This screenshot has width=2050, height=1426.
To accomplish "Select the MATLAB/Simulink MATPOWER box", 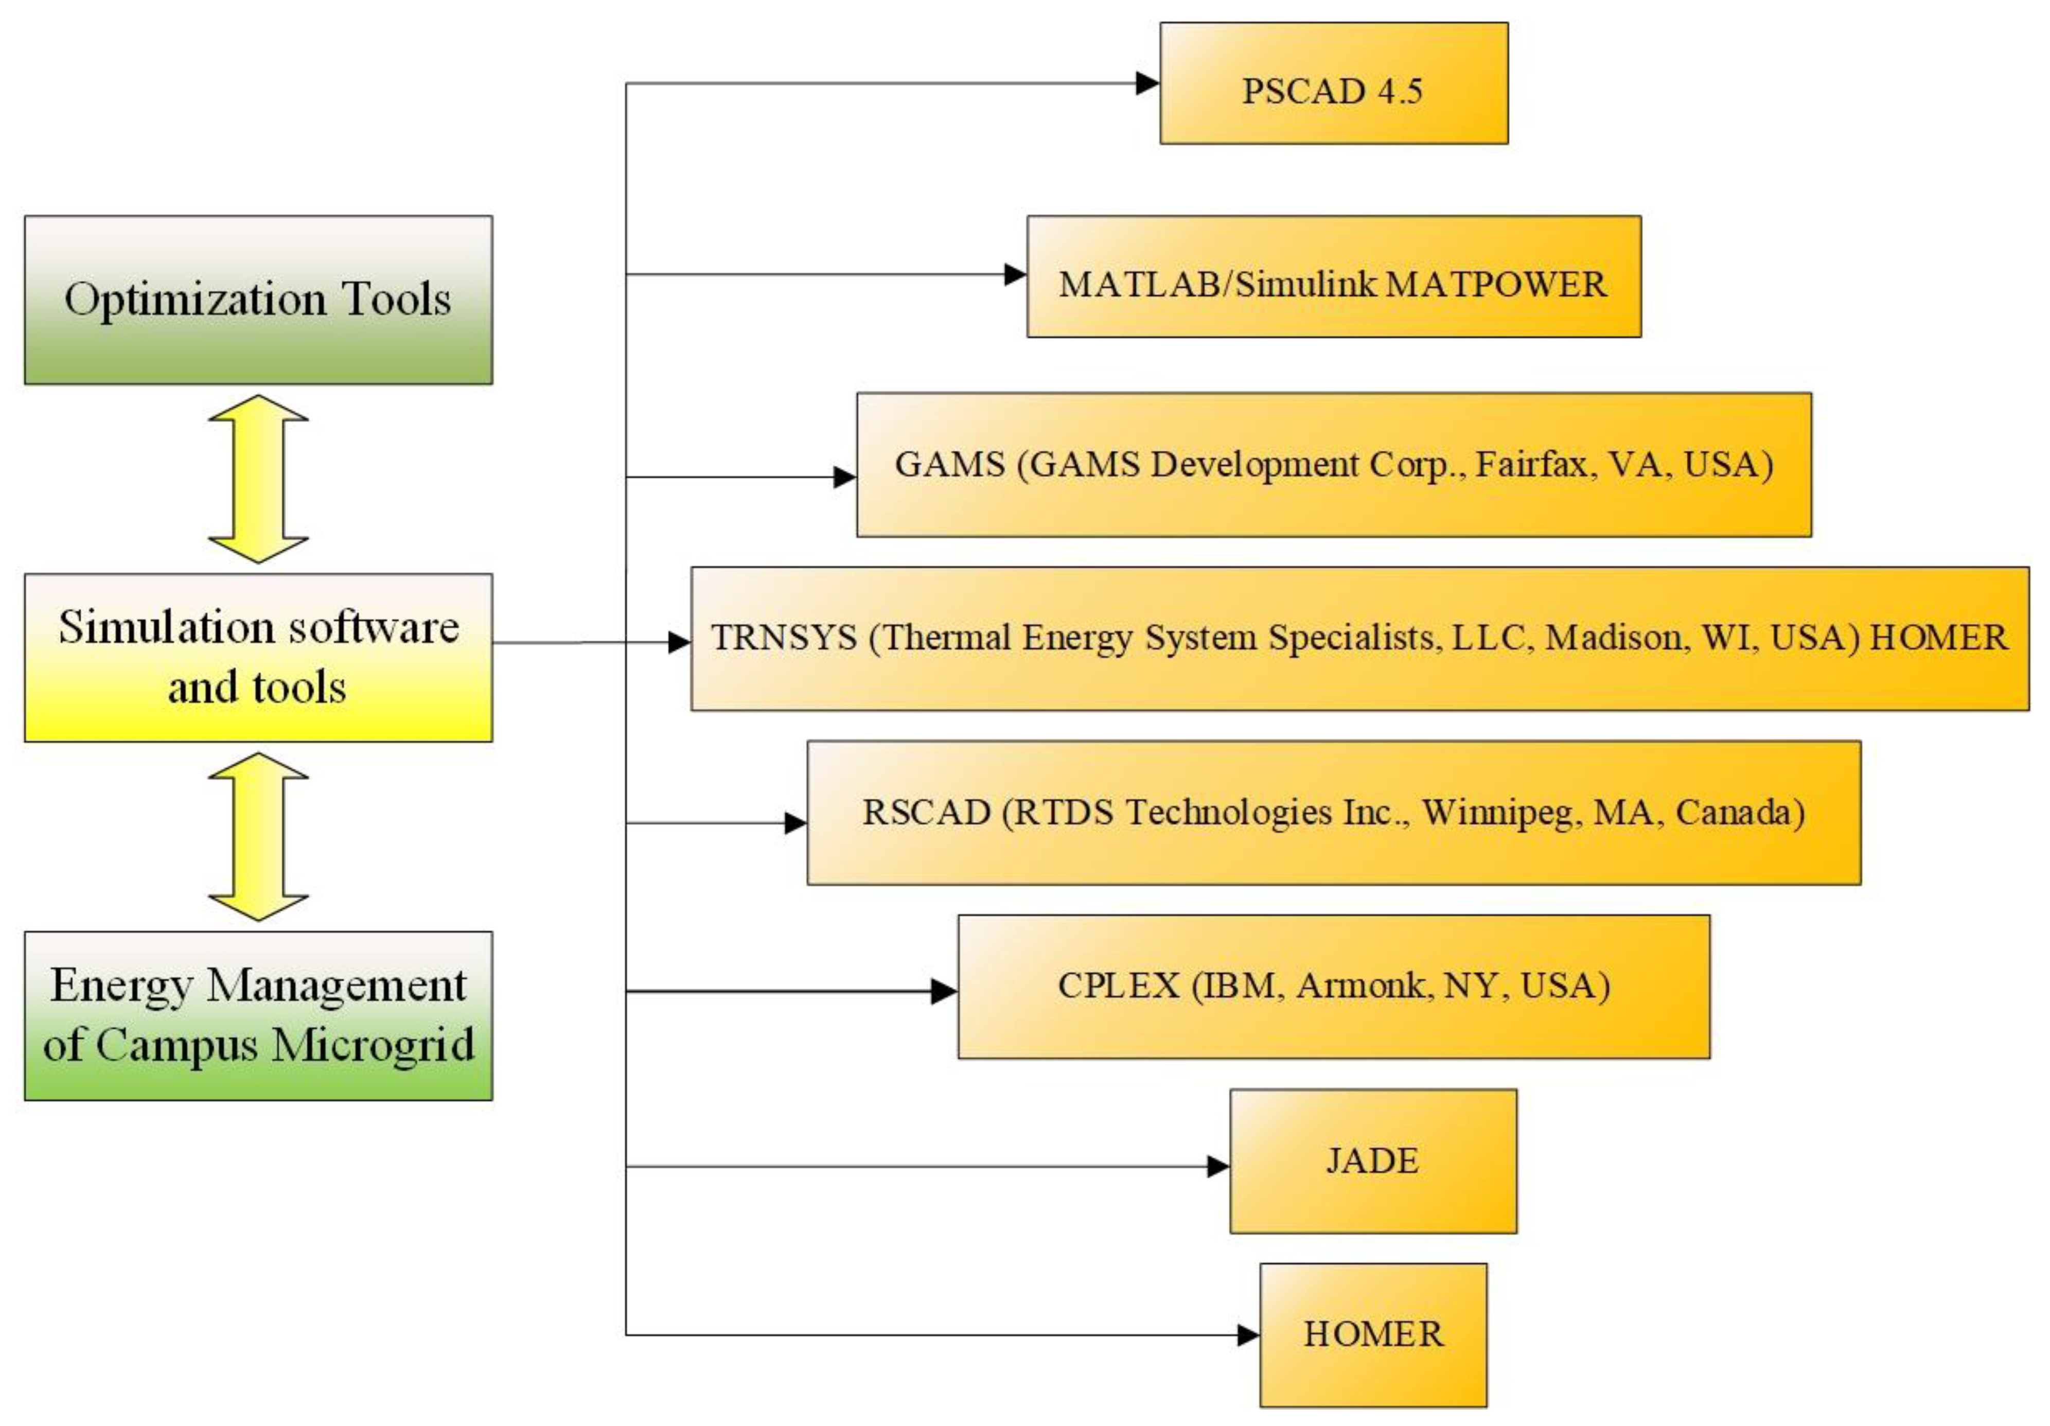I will [1333, 277].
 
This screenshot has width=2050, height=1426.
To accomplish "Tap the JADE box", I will [1372, 1161].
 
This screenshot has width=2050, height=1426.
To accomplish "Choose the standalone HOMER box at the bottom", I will [1372, 1334].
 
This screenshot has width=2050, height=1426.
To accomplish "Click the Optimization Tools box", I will [258, 300].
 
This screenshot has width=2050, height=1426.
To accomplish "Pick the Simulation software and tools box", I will [258, 657].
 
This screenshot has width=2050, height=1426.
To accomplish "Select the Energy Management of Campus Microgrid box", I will [258, 1015].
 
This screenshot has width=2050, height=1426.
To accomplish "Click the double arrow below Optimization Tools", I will [258, 480].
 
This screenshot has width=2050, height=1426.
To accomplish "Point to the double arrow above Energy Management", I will [258, 836].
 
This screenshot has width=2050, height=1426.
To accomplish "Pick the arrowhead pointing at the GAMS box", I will [844, 477].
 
